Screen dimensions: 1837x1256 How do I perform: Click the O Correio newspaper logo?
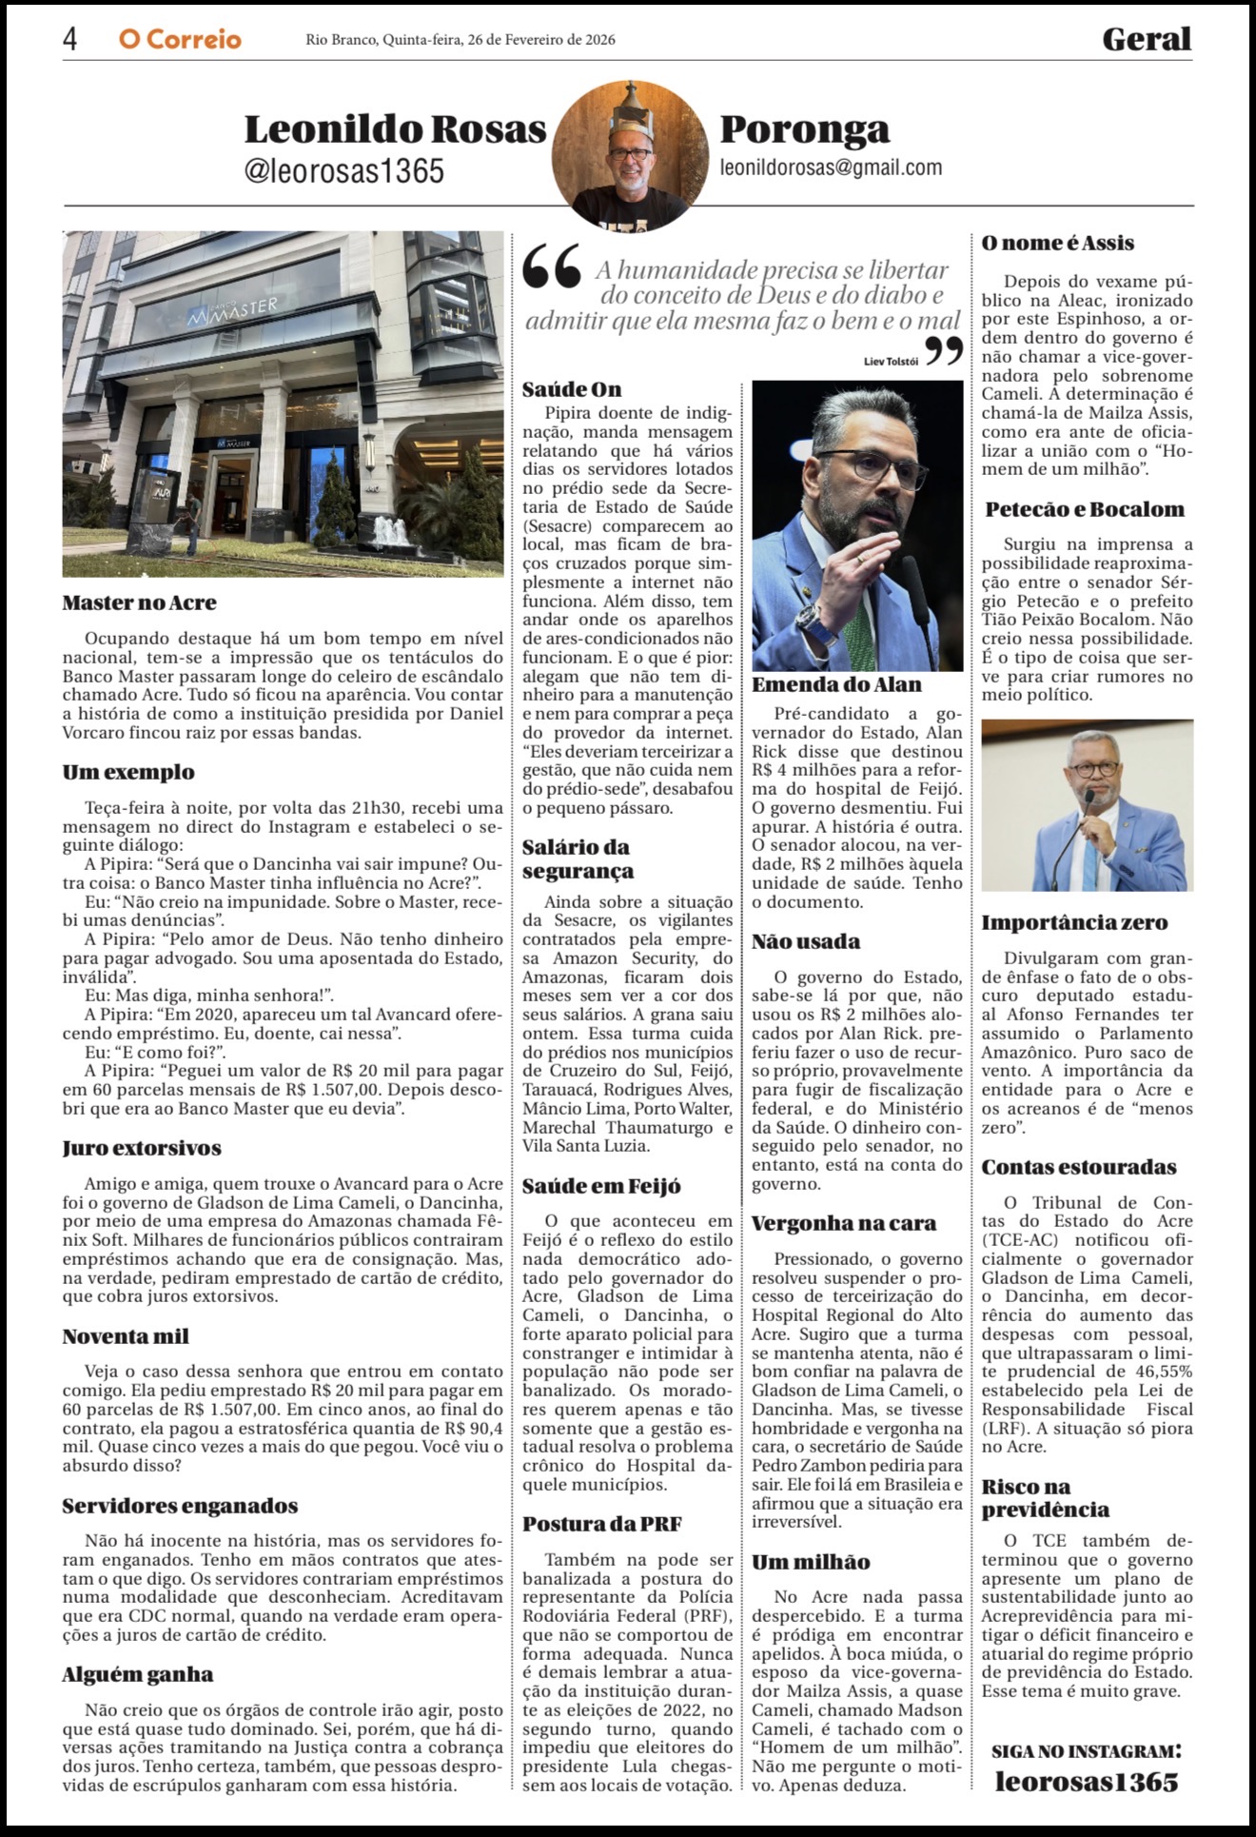tap(180, 39)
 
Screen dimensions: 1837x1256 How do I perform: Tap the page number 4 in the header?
tap(70, 39)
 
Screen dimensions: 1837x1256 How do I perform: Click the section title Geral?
tap(1147, 39)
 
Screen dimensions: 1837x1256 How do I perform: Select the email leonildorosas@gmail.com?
tap(831, 168)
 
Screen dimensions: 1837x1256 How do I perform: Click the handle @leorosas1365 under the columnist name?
tap(344, 170)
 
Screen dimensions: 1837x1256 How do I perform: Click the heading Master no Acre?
tap(139, 602)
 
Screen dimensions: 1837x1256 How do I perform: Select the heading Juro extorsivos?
tap(142, 1148)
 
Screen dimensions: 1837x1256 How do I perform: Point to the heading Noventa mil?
tap(126, 1336)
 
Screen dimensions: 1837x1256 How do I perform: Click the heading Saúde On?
tap(572, 389)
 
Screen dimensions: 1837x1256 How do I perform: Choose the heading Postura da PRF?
tap(601, 1524)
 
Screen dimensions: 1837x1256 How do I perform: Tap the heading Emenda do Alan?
tap(836, 684)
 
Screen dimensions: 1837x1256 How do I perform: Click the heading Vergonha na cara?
tap(844, 1223)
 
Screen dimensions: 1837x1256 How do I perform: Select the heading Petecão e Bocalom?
tap(1085, 509)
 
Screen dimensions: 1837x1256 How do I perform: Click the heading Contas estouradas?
tap(1079, 1167)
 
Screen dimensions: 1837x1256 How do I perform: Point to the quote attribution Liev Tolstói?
tap(891, 361)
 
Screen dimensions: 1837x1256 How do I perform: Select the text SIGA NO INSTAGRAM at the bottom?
tap(1086, 1751)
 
